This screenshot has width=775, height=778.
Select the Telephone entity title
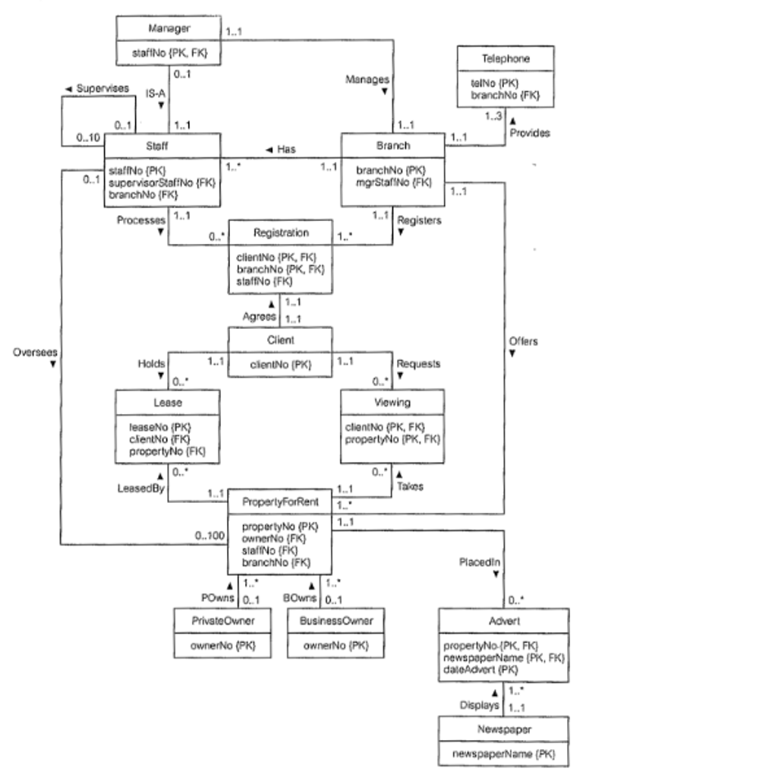point(505,58)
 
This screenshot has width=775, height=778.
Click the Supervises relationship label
point(99,89)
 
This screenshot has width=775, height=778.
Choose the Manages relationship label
point(367,79)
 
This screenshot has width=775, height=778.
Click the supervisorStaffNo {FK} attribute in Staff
point(162,182)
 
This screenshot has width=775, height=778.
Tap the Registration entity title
point(280,233)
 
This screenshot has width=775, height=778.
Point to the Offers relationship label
point(524,342)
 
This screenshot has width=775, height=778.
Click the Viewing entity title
point(392,403)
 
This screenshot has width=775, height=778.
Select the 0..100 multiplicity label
point(209,536)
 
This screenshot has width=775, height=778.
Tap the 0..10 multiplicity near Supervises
point(88,138)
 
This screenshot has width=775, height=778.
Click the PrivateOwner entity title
point(223,620)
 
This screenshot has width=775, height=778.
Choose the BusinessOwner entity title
point(336,620)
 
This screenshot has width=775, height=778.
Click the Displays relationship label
point(479,705)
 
